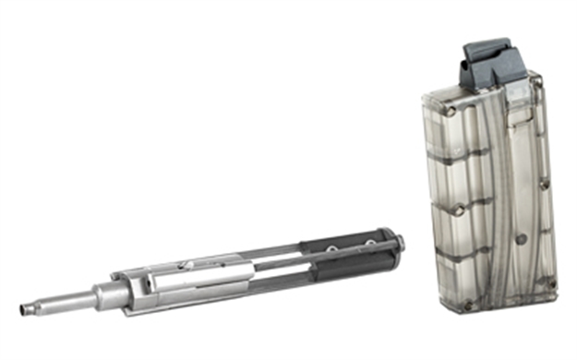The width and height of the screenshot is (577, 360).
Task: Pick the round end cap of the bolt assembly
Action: [399, 244]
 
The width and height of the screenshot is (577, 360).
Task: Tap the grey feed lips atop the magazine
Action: [489, 60]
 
